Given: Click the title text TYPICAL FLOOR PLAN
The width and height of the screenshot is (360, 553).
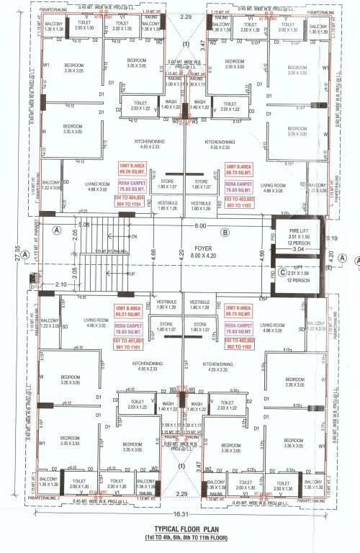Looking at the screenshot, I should (181, 528).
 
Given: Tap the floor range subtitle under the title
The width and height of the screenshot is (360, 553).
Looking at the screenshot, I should (181, 536).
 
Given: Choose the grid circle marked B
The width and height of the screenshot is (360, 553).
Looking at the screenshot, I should (225, 232).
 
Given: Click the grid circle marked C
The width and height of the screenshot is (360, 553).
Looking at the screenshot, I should (282, 272).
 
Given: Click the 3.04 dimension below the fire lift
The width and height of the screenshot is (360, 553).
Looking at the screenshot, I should (297, 253).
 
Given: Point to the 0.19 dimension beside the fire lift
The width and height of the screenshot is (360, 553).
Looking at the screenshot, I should (330, 237).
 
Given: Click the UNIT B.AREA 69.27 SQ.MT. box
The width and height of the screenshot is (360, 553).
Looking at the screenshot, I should (130, 311).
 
